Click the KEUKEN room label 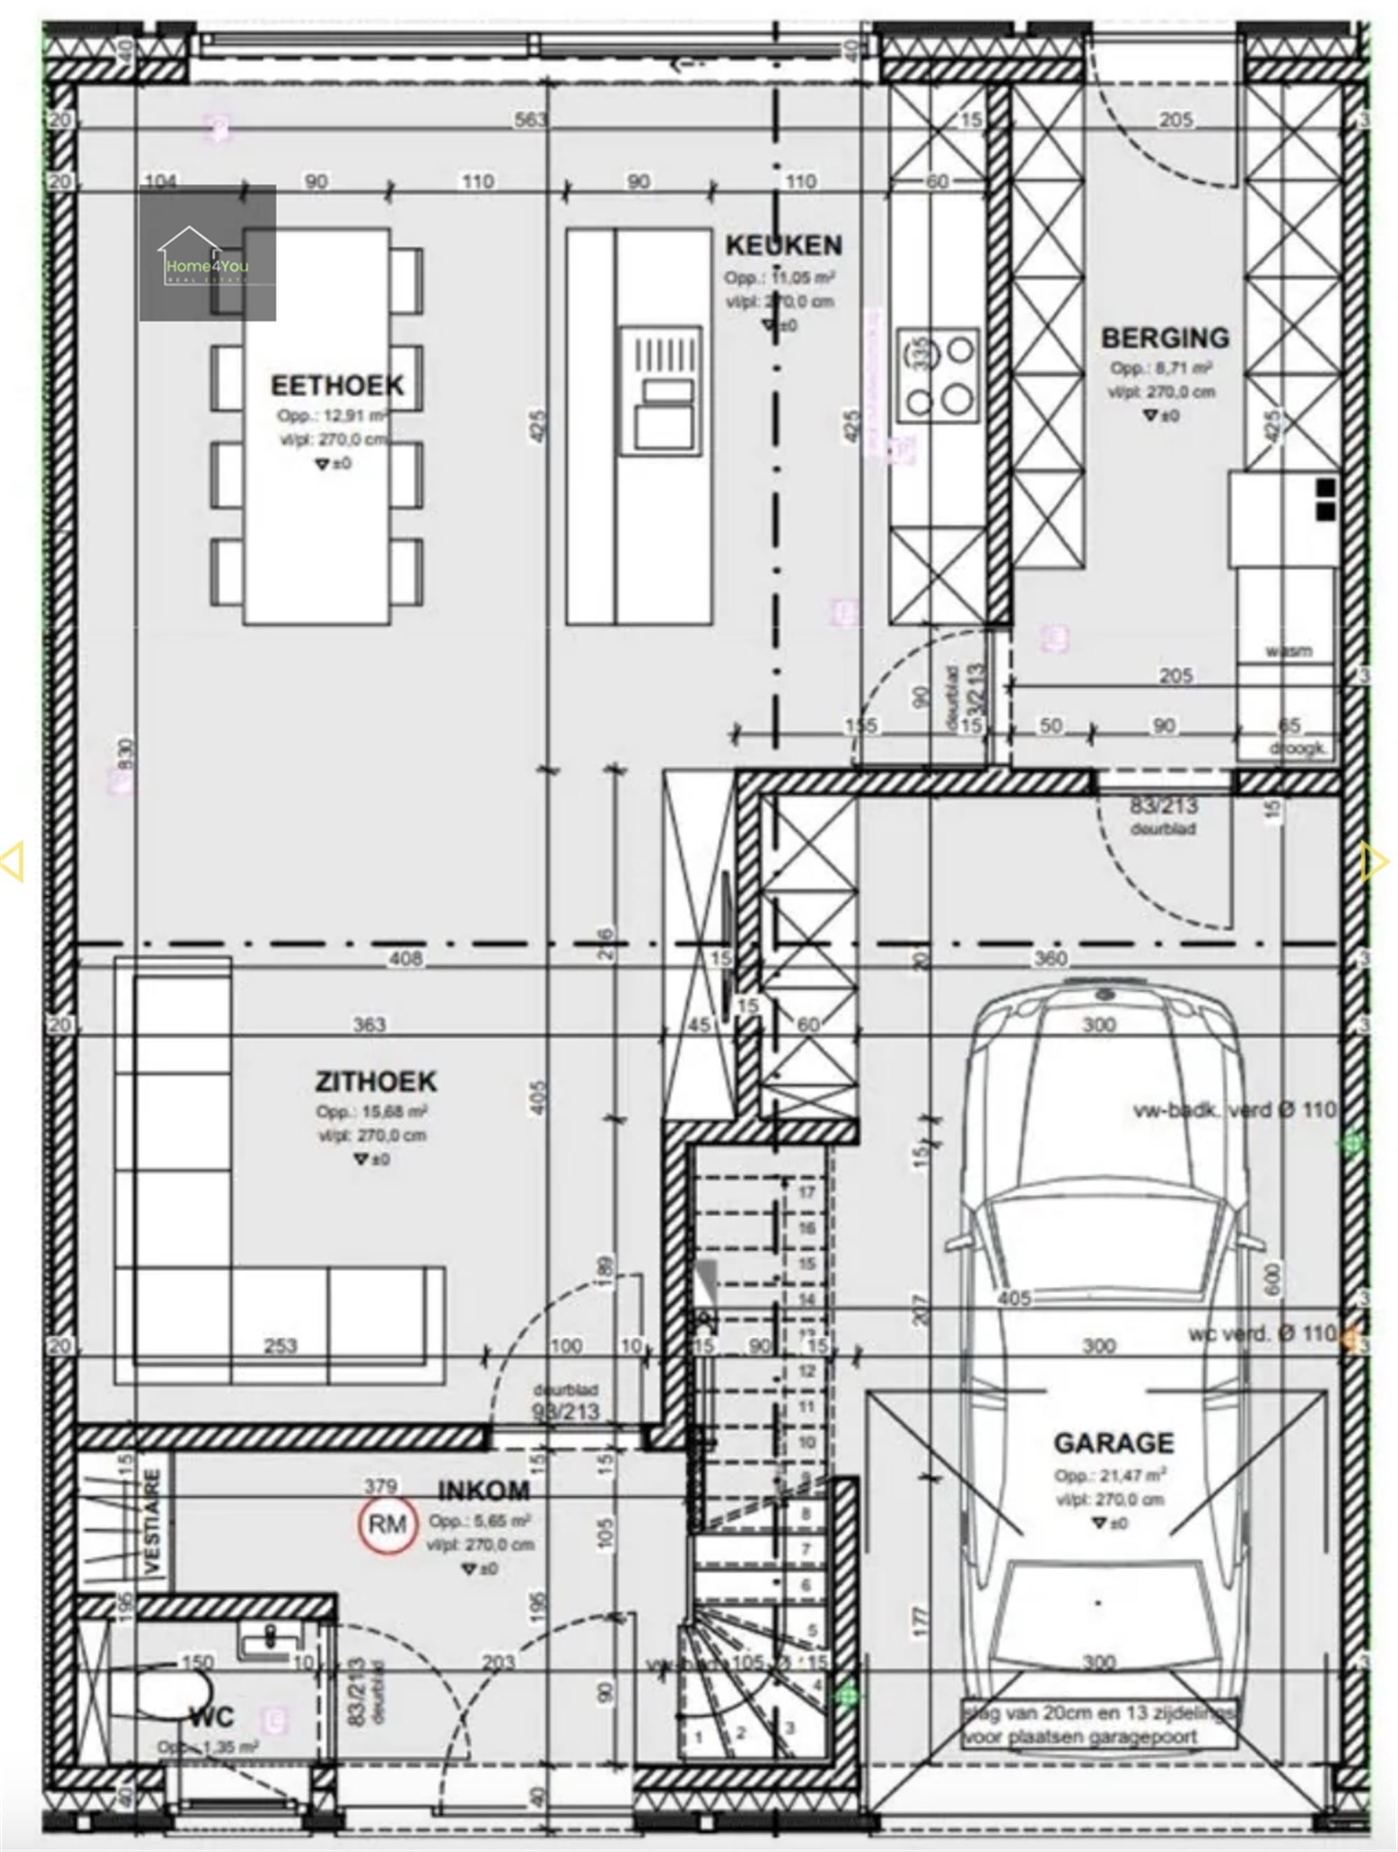pyautogui.click(x=783, y=245)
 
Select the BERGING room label pyautogui.click(x=1165, y=338)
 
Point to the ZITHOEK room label pyautogui.click(x=376, y=1081)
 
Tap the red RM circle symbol pyautogui.click(x=387, y=1525)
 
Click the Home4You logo pyautogui.click(x=207, y=253)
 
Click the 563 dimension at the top pyautogui.click(x=530, y=120)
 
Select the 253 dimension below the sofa pyautogui.click(x=280, y=1345)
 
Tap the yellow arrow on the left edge pyautogui.click(x=13, y=861)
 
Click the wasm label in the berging pyautogui.click(x=1288, y=651)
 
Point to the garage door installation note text pyautogui.click(x=1097, y=1724)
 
